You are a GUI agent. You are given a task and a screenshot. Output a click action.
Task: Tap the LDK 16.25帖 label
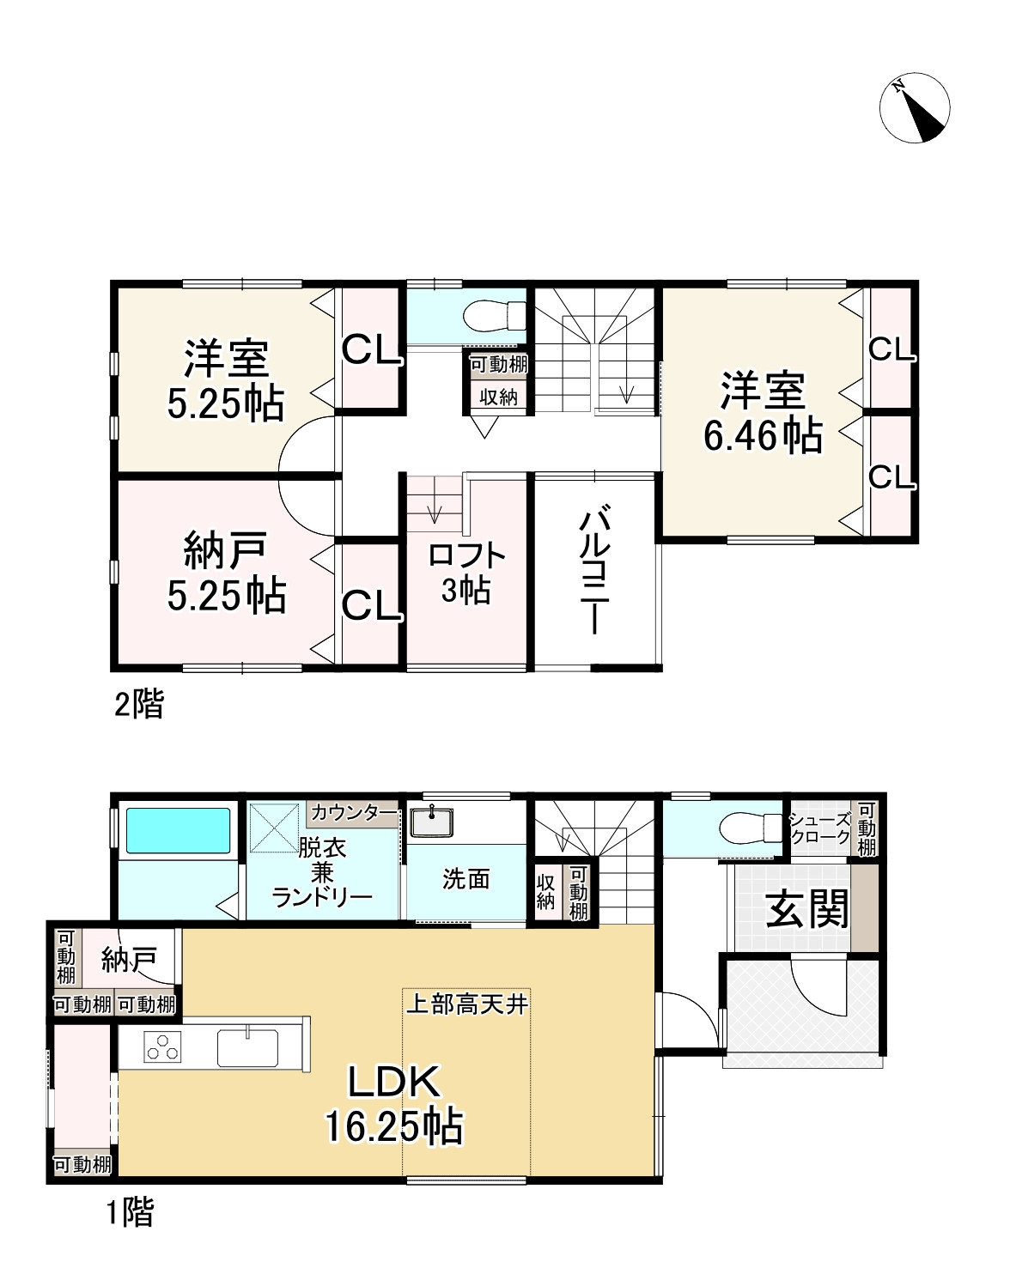point(394,1103)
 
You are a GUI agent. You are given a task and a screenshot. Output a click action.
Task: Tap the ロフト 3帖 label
point(466,573)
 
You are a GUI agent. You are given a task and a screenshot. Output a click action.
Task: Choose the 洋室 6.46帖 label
point(763,413)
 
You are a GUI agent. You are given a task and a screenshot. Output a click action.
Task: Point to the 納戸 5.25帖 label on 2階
point(226,572)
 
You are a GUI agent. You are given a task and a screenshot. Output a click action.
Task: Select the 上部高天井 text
point(466,1004)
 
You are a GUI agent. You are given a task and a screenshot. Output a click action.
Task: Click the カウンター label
point(353,812)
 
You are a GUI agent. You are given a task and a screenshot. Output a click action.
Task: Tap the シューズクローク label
point(819,828)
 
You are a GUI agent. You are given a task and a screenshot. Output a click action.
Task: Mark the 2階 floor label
point(139,706)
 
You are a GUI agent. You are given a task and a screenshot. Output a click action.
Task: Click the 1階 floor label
point(131,1213)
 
